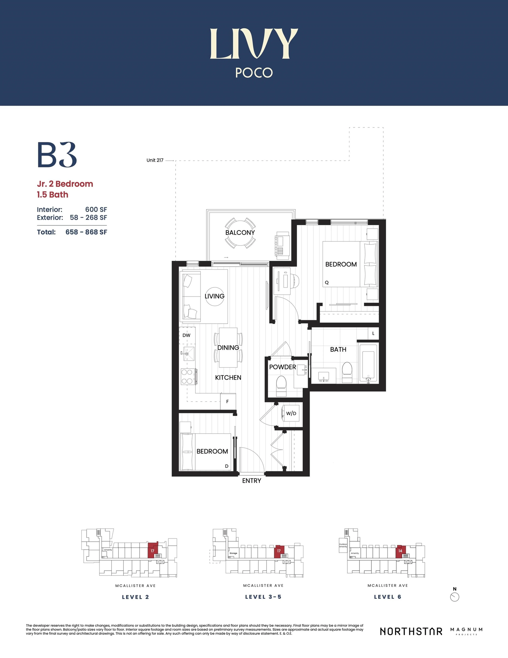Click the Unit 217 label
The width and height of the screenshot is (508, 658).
click(x=155, y=160)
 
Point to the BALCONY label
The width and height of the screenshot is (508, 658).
click(x=240, y=233)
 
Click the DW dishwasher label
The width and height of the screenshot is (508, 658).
click(x=186, y=335)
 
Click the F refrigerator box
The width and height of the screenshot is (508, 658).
click(x=227, y=402)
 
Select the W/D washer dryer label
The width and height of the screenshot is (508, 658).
click(x=291, y=413)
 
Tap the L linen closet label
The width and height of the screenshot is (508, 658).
click(x=373, y=334)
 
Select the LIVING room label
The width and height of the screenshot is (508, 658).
click(x=214, y=296)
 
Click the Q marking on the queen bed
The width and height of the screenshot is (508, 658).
click(x=327, y=283)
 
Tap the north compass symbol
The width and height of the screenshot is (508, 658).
click(x=454, y=597)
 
